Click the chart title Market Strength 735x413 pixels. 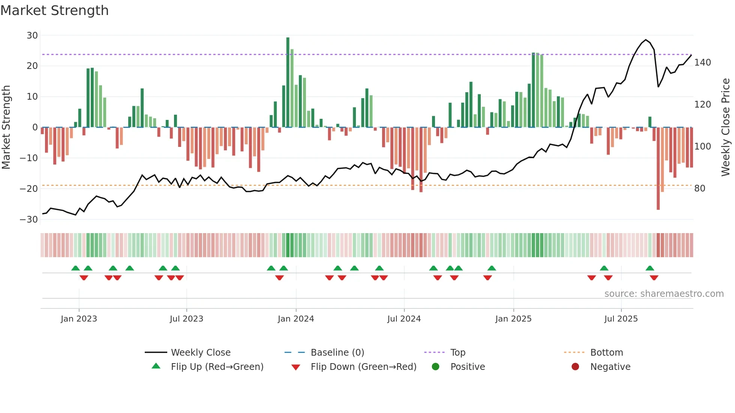coord(54,10)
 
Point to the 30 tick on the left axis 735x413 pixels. coord(32,36)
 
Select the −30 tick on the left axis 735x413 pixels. coord(29,220)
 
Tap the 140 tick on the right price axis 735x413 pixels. coord(702,63)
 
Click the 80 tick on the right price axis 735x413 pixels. coord(700,189)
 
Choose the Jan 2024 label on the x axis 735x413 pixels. coord(296,319)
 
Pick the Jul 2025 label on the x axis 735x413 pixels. coord(621,319)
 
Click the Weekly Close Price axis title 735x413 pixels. coord(726,127)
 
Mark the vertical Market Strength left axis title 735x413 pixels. coord(6,127)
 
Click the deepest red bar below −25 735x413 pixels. coord(658,169)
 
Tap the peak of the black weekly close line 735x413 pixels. coord(646,40)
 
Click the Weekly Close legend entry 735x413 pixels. coord(201,353)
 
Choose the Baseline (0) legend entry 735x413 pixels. coord(337,353)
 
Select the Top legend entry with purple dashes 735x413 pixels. coord(457,353)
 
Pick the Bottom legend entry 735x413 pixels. coord(606,353)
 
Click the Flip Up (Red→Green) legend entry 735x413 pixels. coord(217,367)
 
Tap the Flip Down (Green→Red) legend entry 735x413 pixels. coord(363,367)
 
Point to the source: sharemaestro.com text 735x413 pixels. coord(664,294)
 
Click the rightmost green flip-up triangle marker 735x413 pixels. coord(650,268)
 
